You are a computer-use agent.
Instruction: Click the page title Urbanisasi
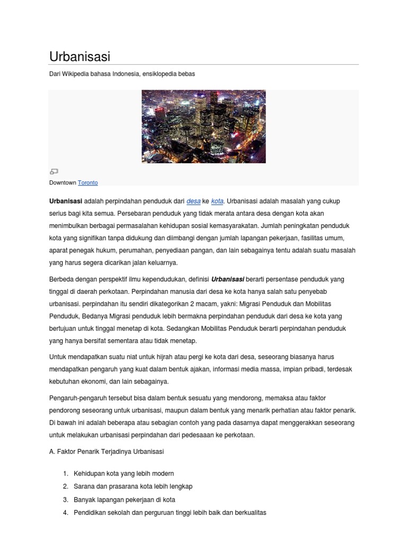(79, 56)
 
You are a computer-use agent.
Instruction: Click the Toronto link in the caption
(88, 182)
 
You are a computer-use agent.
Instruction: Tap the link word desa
(193, 201)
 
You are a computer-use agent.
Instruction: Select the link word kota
(217, 201)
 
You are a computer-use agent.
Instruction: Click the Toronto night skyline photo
(203, 126)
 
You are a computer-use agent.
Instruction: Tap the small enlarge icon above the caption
(54, 171)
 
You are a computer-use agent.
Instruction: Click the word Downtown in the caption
(63, 182)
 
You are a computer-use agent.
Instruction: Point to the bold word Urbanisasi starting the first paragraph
(66, 201)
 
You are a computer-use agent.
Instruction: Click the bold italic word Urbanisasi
(228, 279)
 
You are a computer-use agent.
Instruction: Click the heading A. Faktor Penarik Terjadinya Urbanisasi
(107, 451)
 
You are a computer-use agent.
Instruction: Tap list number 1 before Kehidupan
(65, 473)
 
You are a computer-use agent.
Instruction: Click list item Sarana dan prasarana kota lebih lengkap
(133, 486)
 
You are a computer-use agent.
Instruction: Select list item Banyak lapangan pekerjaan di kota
(125, 500)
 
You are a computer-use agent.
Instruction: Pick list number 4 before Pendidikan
(65, 513)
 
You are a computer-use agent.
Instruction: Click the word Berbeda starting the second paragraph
(62, 279)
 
